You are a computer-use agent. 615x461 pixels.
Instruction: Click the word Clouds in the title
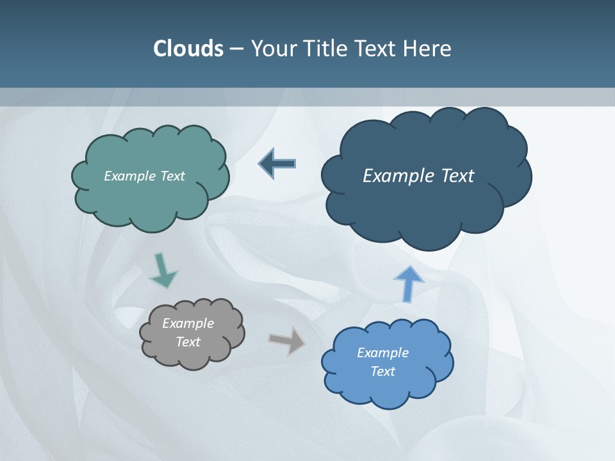[188, 49]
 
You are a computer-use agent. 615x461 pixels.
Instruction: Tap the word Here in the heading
[428, 49]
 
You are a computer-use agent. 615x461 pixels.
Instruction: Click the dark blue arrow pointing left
[277, 164]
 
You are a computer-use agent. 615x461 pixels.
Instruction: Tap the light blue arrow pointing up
[408, 283]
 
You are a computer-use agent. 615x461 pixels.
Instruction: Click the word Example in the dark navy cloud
[396, 175]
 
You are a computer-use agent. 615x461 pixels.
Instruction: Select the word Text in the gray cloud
[188, 342]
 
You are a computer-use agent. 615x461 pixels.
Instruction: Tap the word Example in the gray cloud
[188, 323]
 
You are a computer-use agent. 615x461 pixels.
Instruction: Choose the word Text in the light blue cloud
[382, 371]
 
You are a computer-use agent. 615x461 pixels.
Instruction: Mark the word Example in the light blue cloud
[382, 353]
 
